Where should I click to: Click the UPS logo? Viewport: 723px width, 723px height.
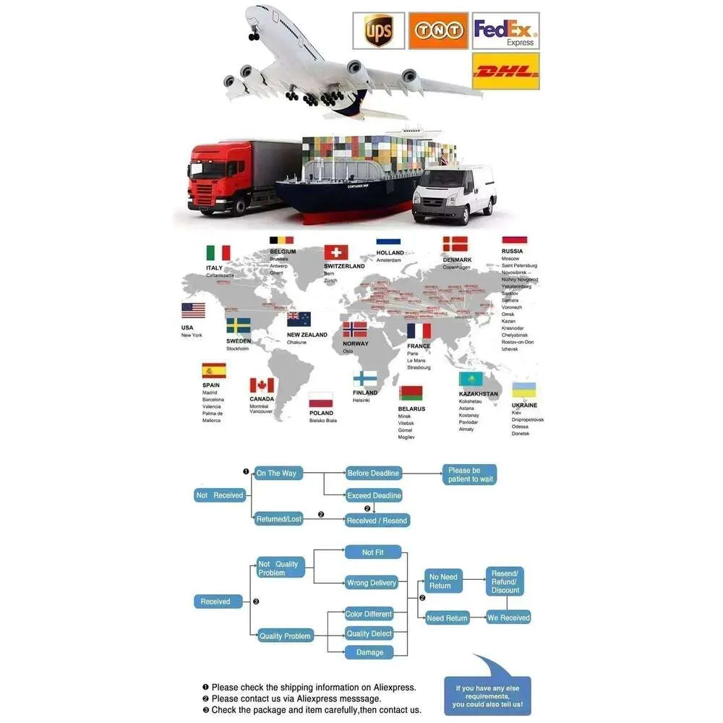pyautogui.click(x=377, y=31)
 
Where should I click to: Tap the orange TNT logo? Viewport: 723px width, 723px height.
pyautogui.click(x=438, y=31)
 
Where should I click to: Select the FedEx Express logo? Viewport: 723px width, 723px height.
pyautogui.click(x=505, y=31)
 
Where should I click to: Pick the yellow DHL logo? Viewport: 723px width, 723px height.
pyautogui.click(x=505, y=71)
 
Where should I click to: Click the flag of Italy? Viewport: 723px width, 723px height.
pyautogui.click(x=218, y=253)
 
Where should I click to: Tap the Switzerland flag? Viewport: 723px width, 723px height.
pyautogui.click(x=336, y=252)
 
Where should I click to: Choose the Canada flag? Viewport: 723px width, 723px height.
pyautogui.click(x=262, y=385)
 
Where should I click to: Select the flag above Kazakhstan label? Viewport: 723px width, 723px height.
pyautogui.click(x=471, y=379)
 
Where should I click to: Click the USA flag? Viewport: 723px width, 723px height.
pyautogui.click(x=193, y=311)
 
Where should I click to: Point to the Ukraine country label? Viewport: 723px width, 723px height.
pyautogui.click(x=525, y=406)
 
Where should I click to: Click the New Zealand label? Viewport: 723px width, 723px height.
pyautogui.click(x=307, y=335)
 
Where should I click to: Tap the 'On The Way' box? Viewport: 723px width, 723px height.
pyautogui.click(x=278, y=473)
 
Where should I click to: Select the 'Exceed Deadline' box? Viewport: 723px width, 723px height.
pyautogui.click(x=374, y=496)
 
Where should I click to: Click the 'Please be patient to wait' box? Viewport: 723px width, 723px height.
pyautogui.click(x=470, y=474)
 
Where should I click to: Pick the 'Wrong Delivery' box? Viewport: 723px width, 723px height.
pyautogui.click(x=372, y=583)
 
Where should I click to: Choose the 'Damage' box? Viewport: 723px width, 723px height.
pyautogui.click(x=369, y=652)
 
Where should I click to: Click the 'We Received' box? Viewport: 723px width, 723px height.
pyautogui.click(x=508, y=617)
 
